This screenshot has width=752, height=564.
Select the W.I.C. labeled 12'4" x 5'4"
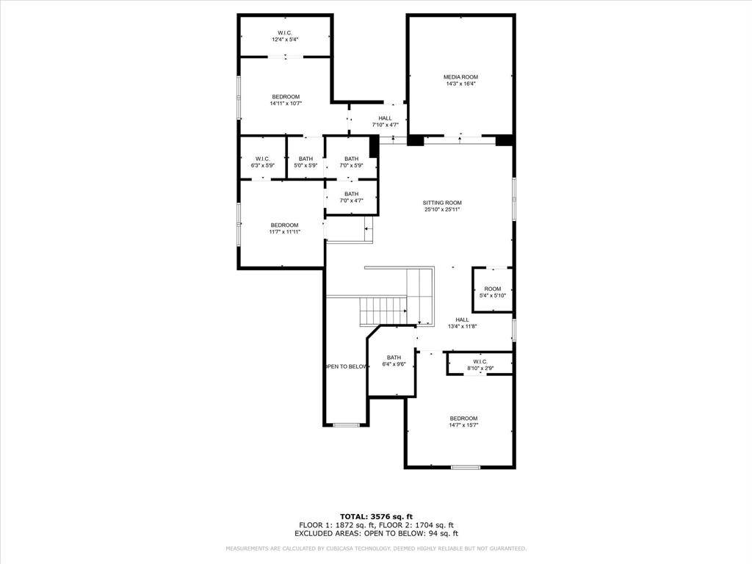(284, 35)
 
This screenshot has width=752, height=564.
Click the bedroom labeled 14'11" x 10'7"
(286, 100)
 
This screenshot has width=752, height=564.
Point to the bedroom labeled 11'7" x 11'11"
(284, 228)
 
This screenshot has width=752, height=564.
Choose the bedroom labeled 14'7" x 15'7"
(463, 422)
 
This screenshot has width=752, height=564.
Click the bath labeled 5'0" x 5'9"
(305, 162)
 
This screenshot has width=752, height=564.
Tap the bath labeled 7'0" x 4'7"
(351, 197)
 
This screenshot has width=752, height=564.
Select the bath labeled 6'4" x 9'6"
(394, 361)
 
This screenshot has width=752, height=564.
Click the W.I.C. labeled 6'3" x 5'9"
(262, 162)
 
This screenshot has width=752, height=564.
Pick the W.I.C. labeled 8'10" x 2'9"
(480, 364)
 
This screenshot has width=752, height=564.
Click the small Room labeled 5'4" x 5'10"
(492, 292)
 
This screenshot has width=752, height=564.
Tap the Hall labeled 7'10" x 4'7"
(385, 121)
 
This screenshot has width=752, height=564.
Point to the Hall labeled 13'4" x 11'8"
(462, 322)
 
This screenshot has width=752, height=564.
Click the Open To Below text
(345, 366)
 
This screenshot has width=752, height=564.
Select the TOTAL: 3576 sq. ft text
(376, 516)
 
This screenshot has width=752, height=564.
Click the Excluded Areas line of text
(376, 534)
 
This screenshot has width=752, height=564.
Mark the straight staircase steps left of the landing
(382, 311)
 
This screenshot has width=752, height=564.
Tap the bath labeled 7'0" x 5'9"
(351, 162)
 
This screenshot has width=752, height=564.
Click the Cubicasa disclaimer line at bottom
(376, 549)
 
